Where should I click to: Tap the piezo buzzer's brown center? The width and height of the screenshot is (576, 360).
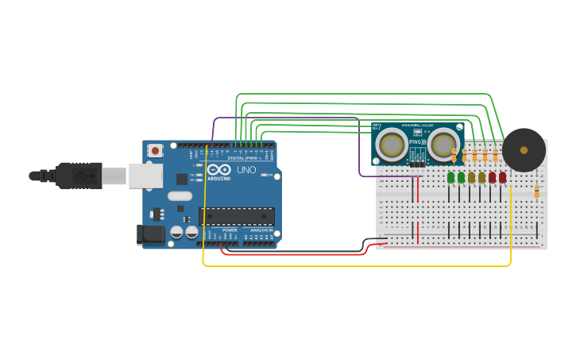tap(524, 149)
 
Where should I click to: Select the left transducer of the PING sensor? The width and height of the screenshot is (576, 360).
tap(392, 145)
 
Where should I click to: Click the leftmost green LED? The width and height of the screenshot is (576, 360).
tap(451, 177)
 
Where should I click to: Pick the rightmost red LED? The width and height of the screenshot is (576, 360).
tap(503, 177)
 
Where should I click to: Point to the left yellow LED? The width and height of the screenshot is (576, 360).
tap(472, 177)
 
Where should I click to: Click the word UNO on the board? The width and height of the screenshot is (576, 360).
tap(246, 170)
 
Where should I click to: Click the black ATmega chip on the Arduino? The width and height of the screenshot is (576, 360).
tap(237, 216)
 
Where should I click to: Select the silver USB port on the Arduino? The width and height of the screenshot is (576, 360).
tap(146, 176)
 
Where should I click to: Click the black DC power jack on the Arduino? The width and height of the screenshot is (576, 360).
tap(150, 234)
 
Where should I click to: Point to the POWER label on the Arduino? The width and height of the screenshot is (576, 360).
tap(230, 230)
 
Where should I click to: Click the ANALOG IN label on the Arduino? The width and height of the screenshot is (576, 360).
tap(260, 230)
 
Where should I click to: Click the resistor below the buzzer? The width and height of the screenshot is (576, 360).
tap(537, 191)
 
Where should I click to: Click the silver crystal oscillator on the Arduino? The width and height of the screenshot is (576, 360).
tap(180, 196)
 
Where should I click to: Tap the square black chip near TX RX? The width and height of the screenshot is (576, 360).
tap(182, 179)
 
